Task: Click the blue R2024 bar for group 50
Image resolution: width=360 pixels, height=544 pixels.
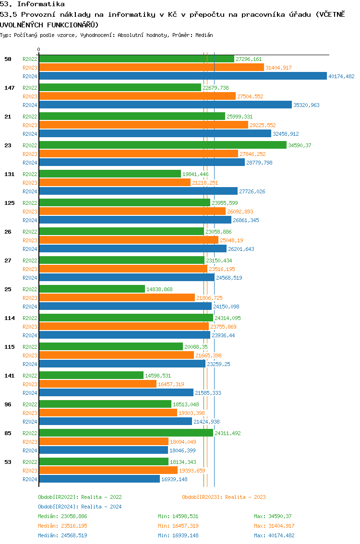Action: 182,76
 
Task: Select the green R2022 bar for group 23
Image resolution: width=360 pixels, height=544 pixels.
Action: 163,145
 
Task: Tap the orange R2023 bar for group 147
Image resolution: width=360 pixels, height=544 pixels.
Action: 137,96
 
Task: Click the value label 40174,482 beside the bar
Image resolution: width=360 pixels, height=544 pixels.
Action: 341,76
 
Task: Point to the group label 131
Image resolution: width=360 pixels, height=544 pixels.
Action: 9,174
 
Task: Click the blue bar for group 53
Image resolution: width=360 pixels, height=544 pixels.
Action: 99,479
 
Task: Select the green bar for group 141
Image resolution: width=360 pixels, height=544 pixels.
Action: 91,376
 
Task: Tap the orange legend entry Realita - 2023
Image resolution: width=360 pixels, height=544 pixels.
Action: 224,497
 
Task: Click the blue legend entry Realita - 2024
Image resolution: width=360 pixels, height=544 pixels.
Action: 80,507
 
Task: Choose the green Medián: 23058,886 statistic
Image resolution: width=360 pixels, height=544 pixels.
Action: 62,516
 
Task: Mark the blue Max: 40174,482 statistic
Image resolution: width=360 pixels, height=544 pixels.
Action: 274,535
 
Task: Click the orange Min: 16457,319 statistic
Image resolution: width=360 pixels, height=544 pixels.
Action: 178,526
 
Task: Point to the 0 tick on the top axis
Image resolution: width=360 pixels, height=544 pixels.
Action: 39,49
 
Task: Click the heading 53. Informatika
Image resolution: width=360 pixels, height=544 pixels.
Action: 33,4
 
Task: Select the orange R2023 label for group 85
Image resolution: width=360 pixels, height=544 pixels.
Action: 30,442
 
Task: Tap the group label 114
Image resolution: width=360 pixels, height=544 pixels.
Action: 9,318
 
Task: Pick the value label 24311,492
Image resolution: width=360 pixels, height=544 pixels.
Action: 228,433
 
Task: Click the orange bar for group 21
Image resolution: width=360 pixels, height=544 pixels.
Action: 144,125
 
